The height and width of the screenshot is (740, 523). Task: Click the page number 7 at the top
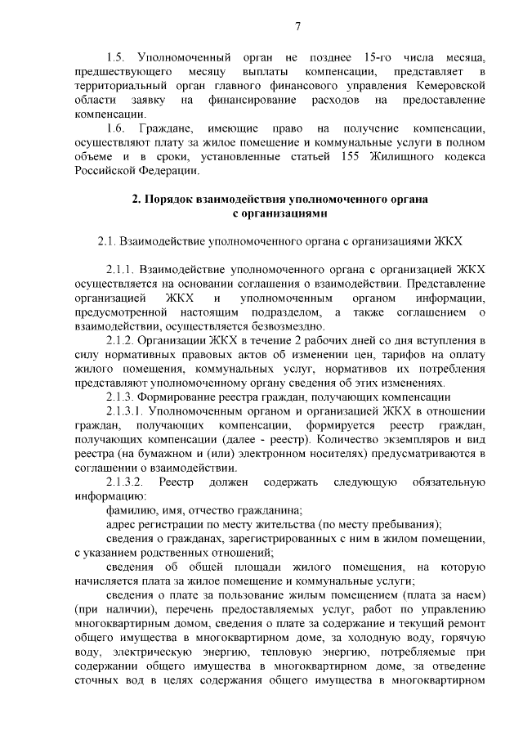coord(298,27)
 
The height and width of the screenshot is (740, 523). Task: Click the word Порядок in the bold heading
coord(182,200)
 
